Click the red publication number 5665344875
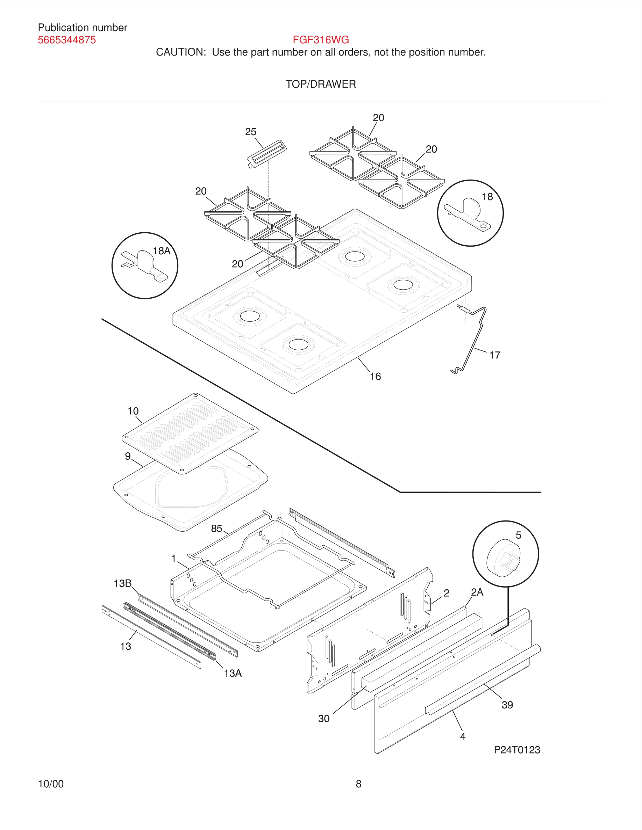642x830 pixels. coord(66,40)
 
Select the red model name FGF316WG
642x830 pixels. coord(321,39)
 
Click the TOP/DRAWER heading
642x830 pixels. coord(321,84)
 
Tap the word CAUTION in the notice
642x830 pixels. coord(181,52)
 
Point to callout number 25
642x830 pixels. coord(250,132)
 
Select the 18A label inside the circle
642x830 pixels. coord(162,251)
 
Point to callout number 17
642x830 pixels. coord(494,355)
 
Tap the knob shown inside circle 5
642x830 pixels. coord(503,558)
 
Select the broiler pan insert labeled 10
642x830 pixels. coord(190,433)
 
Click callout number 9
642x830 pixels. coord(128,456)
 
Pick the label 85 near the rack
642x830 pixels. coord(216,528)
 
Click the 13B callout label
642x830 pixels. coord(122,583)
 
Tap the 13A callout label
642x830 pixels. coord(233,673)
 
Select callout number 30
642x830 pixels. coord(324,718)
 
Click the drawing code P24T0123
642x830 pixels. coord(517,749)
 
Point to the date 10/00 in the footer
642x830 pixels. coord(51,784)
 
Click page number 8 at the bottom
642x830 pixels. coord(358,784)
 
